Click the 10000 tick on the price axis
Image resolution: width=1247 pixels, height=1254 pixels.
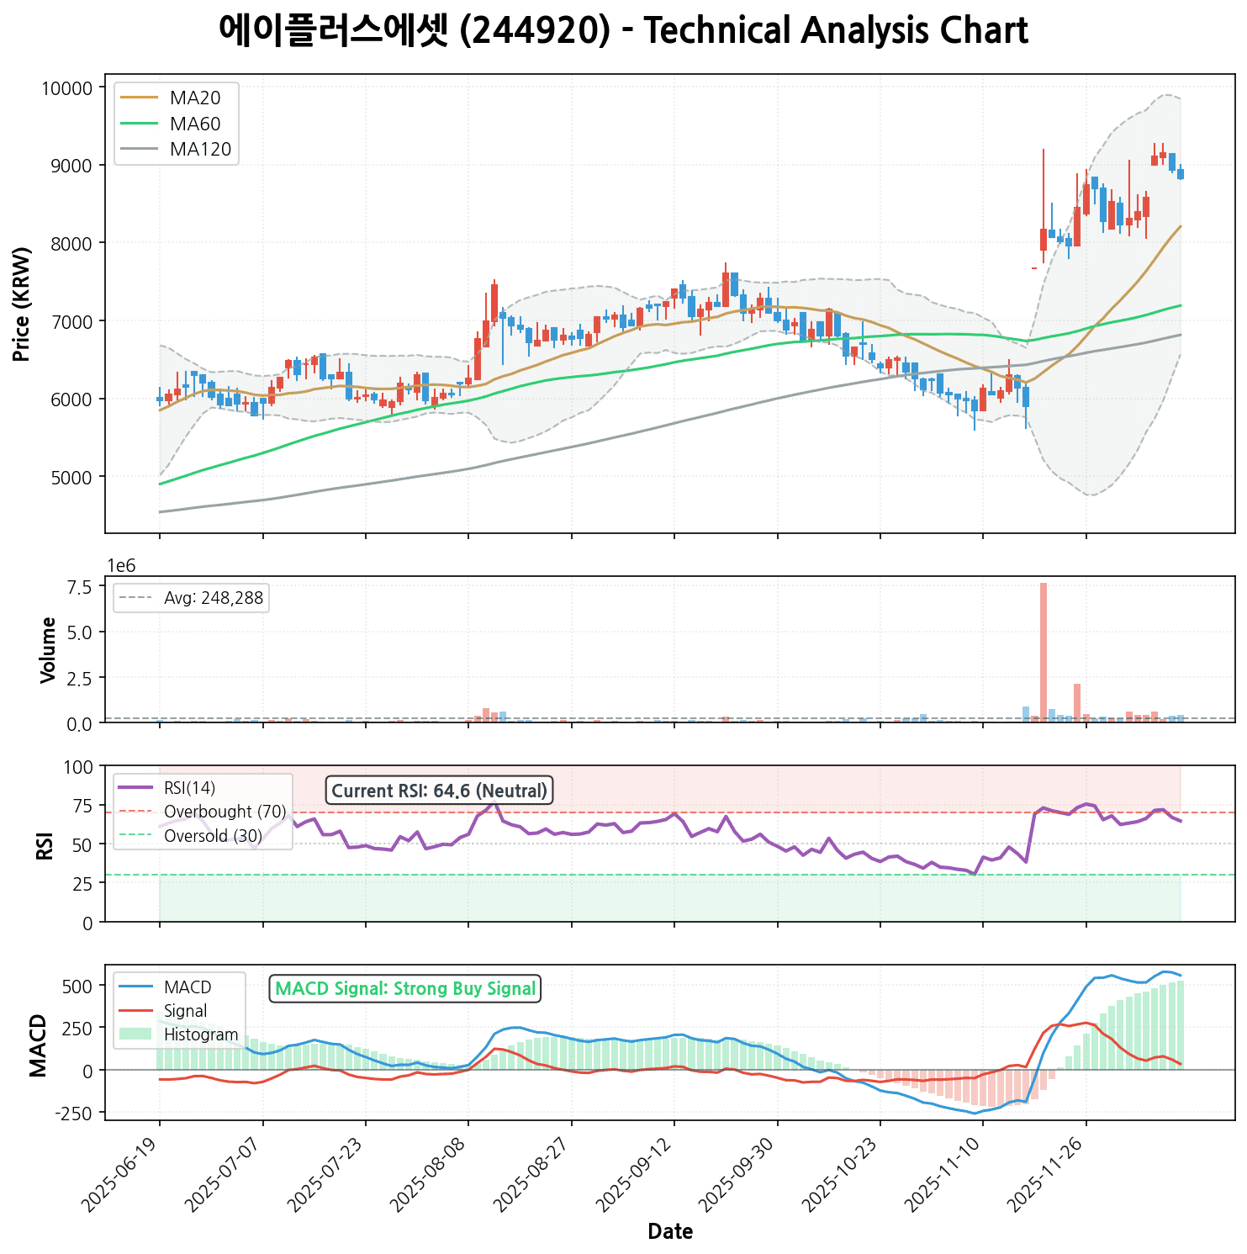(x=66, y=88)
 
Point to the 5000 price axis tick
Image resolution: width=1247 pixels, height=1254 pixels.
(x=71, y=477)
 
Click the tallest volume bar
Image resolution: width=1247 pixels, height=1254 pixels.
(x=1044, y=652)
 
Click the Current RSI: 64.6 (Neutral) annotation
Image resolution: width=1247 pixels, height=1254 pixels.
(x=439, y=791)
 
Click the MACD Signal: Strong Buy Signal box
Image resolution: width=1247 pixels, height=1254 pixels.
(x=405, y=989)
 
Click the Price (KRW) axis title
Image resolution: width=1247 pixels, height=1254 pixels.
(x=23, y=304)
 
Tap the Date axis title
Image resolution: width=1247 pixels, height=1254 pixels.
(x=670, y=1232)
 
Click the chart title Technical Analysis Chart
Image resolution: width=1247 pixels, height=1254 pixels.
(x=623, y=31)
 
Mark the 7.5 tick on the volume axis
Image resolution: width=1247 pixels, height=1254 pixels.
(x=80, y=587)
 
